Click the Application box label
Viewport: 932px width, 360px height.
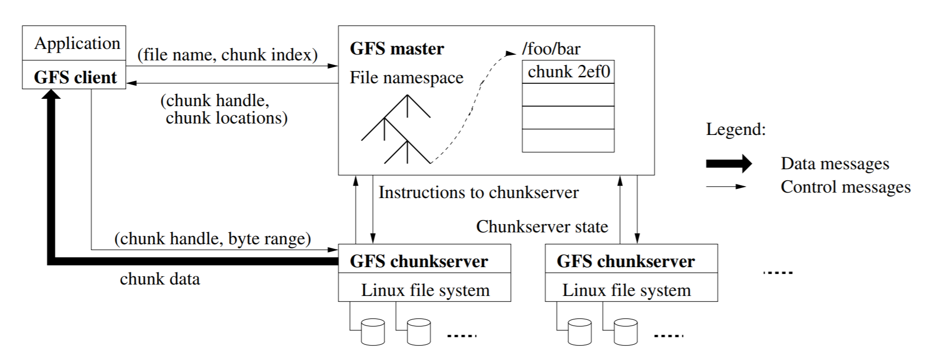pos(77,43)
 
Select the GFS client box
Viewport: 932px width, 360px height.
pos(75,77)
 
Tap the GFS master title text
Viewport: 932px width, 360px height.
pos(397,48)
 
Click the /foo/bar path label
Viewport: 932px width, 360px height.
pos(551,48)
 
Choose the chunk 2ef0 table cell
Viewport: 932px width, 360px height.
pos(568,72)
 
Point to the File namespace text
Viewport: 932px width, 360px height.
pos(406,77)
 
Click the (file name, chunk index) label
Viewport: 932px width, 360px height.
pos(227,55)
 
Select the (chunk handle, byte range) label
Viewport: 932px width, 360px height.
pos(212,238)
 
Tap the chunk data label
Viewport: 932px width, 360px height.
pos(160,279)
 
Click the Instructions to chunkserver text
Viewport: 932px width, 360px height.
pos(478,192)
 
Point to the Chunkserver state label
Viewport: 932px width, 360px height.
pos(542,226)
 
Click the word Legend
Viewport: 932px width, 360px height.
pos(735,129)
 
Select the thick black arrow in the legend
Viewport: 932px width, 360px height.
pos(728,163)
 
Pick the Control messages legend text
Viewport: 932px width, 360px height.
pos(846,187)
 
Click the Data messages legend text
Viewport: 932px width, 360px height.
pos(835,163)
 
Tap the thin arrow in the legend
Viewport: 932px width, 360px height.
pos(726,187)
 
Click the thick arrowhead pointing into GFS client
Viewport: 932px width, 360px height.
pos(51,94)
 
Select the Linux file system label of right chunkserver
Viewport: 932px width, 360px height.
pos(626,290)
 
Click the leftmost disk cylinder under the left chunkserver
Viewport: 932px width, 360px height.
pos(372,332)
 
